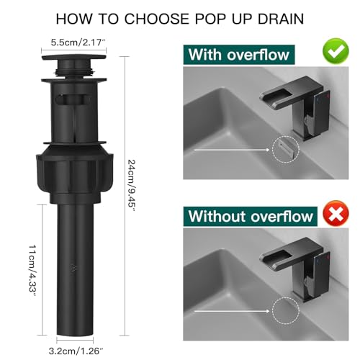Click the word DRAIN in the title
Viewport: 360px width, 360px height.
pos(281,19)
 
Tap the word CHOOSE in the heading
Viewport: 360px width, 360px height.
pos(157,19)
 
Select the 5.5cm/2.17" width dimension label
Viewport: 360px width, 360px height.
pos(78,42)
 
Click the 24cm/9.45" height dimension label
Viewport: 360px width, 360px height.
pos(132,185)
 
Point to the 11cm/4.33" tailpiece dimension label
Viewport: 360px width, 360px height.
pos(32,271)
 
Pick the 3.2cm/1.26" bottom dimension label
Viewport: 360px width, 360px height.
pos(76,351)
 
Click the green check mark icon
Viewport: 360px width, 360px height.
pos(336,50)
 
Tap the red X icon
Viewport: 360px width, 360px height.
pos(336,213)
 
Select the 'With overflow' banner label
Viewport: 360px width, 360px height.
pos(239,55)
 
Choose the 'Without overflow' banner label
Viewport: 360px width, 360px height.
pos(251,217)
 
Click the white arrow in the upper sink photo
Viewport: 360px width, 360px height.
pos(232,150)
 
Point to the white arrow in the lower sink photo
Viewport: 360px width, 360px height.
pos(232,311)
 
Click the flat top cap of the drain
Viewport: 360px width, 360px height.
pos(74,58)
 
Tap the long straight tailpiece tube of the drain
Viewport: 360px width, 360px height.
pos(75,271)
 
